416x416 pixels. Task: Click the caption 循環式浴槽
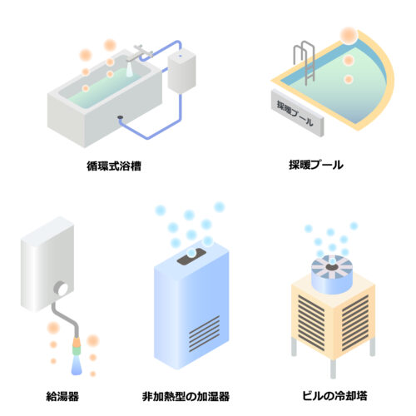point(114,166)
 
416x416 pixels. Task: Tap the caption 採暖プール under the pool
point(316,165)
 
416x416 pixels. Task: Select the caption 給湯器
point(62,396)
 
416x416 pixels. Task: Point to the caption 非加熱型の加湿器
point(186,396)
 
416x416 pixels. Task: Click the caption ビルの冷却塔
point(334,395)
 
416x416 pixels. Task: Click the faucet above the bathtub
point(140,52)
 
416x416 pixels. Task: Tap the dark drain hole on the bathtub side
point(120,117)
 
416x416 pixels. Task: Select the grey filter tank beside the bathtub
point(181,72)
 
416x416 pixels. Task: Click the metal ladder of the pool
point(305,62)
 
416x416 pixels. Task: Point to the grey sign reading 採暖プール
point(297,112)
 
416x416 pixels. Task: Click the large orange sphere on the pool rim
point(349,35)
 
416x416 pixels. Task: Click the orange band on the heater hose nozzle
point(77,342)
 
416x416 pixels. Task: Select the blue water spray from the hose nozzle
point(77,365)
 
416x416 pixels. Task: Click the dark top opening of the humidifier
point(191,256)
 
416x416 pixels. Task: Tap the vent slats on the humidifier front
point(205,334)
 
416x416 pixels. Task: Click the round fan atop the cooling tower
point(331,274)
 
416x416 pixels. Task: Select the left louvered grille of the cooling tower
point(311,322)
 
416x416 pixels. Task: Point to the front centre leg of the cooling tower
point(333,369)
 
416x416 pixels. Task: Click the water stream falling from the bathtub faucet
point(130,69)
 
